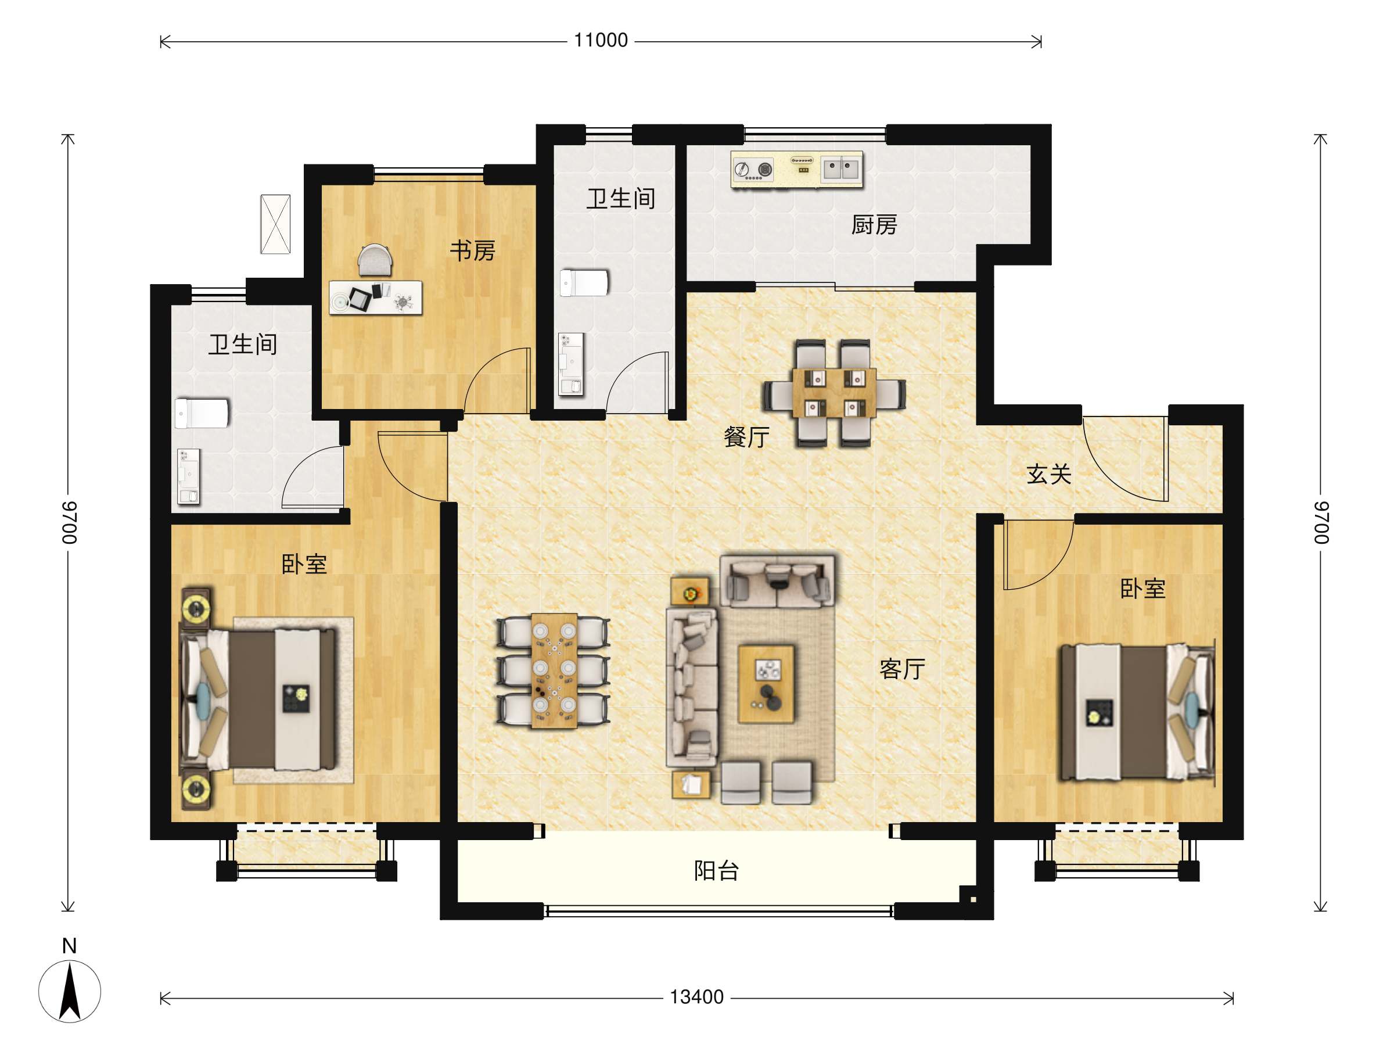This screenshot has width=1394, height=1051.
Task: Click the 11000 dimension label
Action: [x=601, y=40]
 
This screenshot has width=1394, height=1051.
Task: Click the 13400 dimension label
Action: [x=696, y=998]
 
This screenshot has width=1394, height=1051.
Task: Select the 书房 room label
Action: [x=473, y=250]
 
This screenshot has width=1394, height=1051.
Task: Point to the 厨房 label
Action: [x=874, y=225]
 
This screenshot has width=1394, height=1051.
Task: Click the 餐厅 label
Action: [x=747, y=437]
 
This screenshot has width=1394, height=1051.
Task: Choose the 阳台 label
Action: [x=717, y=871]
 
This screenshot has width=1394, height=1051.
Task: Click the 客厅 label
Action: [x=903, y=669]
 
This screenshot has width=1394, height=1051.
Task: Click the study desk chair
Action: [x=375, y=260]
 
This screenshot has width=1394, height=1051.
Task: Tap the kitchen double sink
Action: [x=840, y=169]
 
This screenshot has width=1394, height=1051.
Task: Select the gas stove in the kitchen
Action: [x=754, y=169]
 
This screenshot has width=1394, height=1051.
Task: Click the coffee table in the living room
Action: [x=766, y=683]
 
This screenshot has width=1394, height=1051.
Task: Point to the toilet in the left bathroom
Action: [x=202, y=414]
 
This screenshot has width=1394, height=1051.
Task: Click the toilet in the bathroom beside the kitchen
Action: [x=585, y=282]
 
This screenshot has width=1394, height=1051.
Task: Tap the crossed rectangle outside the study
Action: [x=275, y=224]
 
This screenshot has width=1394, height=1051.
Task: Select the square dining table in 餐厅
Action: [x=833, y=393]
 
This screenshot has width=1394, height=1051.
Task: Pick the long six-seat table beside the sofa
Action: [x=554, y=671]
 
